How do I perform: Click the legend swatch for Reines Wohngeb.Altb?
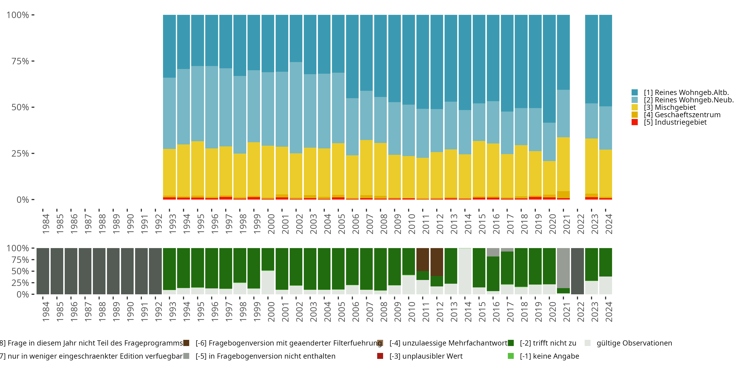pyautogui.click(x=635, y=93)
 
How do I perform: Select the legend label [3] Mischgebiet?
pyautogui.click(x=670, y=107)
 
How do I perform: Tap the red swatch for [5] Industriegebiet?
pyautogui.click(x=635, y=122)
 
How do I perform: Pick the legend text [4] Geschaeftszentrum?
pyautogui.click(x=682, y=115)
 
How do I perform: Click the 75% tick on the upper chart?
pyautogui.click(x=20, y=61)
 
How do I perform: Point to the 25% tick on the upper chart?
pyautogui.click(x=20, y=154)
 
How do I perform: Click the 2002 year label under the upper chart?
pyautogui.click(x=299, y=224)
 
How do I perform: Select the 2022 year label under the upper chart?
pyautogui.click(x=581, y=224)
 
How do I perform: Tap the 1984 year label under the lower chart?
pyautogui.click(x=46, y=312)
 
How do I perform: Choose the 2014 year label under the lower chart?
pyautogui.click(x=468, y=312)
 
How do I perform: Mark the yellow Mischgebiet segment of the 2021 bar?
pyautogui.click(x=563, y=164)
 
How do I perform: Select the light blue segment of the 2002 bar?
pyautogui.click(x=296, y=108)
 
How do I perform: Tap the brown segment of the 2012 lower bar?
pyautogui.click(x=437, y=262)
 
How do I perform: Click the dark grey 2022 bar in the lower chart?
pyautogui.click(x=577, y=271)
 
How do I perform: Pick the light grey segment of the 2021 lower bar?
pyautogui.click(x=563, y=268)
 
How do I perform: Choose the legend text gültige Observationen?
pyautogui.click(x=634, y=343)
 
